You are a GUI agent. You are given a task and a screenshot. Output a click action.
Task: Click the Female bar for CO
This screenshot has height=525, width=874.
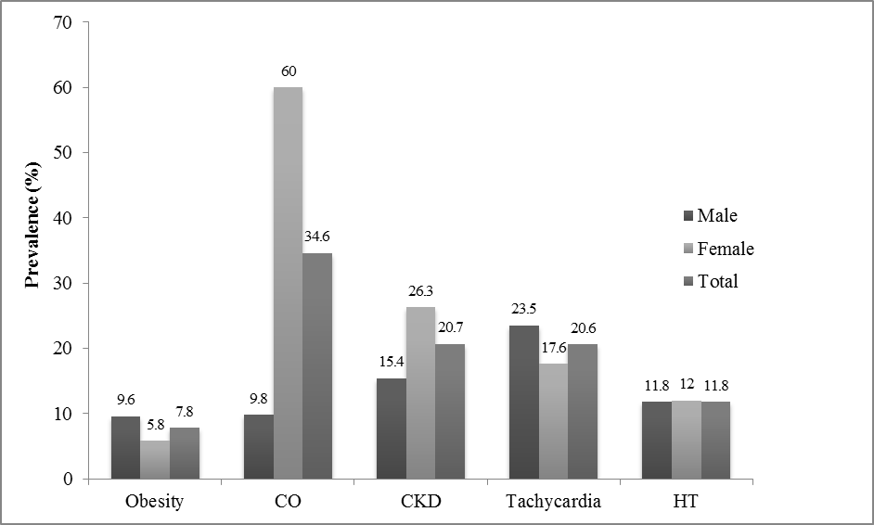pyautogui.click(x=288, y=283)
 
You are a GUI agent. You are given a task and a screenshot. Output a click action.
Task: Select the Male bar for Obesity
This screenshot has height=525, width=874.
pyautogui.click(x=125, y=448)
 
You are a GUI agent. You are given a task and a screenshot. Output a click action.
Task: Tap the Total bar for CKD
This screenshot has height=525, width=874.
pyautogui.click(x=450, y=412)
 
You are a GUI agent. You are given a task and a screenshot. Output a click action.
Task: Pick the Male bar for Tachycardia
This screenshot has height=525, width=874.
pyautogui.click(x=523, y=403)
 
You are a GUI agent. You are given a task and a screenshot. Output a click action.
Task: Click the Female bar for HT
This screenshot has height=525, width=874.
pyautogui.click(x=685, y=440)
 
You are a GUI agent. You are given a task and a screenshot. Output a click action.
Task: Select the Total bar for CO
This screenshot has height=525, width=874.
pyautogui.click(x=317, y=366)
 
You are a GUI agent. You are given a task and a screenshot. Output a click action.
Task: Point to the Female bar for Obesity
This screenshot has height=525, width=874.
pyautogui.click(x=155, y=460)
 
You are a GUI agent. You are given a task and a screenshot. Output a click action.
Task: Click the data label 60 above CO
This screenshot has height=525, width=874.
pyautogui.click(x=288, y=71)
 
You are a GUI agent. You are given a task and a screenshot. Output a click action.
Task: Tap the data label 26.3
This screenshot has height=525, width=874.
pyautogui.click(x=420, y=291)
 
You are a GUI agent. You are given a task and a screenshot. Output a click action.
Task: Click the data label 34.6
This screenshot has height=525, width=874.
pyautogui.click(x=317, y=237)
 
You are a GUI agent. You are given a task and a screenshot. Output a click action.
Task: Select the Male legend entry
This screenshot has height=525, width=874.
pyautogui.click(x=711, y=216)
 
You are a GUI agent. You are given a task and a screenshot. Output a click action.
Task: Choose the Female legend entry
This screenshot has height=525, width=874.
pyautogui.click(x=718, y=249)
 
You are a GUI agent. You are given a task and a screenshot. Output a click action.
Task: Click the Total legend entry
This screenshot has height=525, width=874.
pyautogui.click(x=711, y=281)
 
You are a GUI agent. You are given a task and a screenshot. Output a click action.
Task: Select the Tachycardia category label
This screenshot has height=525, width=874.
pyautogui.click(x=553, y=503)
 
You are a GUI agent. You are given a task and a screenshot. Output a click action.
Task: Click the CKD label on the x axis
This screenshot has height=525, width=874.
pyautogui.click(x=420, y=503)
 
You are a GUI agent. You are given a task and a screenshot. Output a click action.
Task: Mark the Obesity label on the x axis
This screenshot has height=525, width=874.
pyautogui.click(x=154, y=503)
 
